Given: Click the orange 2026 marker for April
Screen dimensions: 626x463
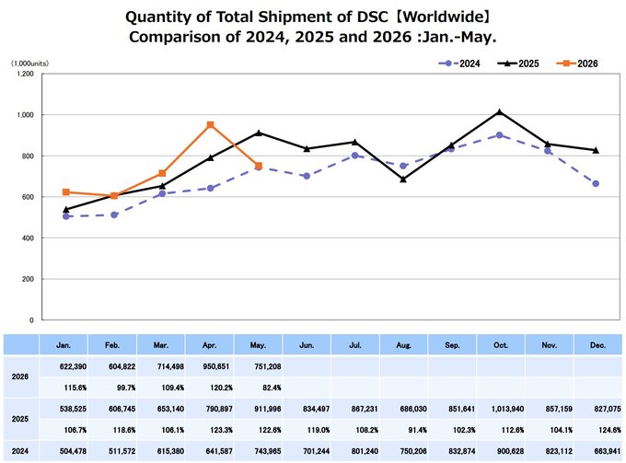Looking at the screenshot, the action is point(211,125).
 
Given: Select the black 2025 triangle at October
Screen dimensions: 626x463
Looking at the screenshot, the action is point(500,112).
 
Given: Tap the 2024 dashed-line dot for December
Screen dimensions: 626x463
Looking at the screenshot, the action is point(596,183).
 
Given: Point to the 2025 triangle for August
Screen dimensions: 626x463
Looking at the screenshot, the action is point(403,179).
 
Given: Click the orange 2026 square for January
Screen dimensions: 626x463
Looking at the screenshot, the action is point(66,192).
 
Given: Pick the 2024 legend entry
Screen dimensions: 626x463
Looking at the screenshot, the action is point(459,64).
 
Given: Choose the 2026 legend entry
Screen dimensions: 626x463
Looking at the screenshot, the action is point(577,64).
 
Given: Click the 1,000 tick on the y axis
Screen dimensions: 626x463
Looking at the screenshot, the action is point(25,115).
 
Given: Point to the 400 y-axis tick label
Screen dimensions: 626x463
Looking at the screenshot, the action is point(28,237).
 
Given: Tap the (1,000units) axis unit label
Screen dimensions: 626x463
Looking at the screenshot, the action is point(30,64).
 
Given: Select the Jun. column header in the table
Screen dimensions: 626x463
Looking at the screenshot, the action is point(307,345).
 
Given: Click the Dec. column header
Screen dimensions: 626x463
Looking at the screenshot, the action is point(597,345).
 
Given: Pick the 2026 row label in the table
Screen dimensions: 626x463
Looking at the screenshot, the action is point(20,376).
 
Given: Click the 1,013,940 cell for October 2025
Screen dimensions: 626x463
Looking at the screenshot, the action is point(507,409).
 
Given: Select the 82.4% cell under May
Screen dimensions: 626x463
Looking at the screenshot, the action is point(272,388).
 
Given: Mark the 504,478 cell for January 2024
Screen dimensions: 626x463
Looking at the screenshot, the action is point(73,451).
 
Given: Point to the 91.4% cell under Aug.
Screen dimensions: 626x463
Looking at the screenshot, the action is point(417,430).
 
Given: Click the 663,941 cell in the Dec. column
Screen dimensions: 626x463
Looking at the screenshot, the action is point(608,451).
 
